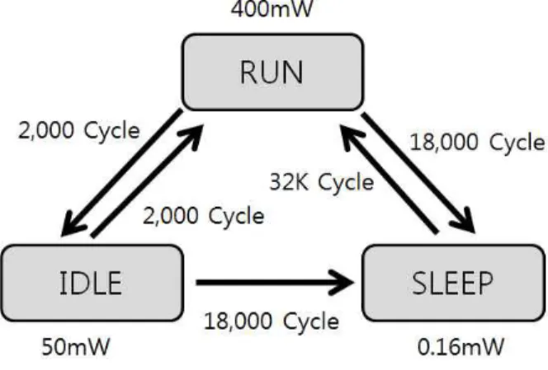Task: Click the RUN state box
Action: (x=272, y=73)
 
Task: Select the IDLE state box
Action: (x=92, y=283)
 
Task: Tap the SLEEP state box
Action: (x=453, y=283)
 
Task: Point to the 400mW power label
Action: (x=272, y=8)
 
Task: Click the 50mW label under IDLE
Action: (x=76, y=347)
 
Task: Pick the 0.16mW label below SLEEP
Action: (x=461, y=347)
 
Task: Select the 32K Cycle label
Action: (x=322, y=183)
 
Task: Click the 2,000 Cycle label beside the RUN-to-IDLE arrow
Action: (x=79, y=130)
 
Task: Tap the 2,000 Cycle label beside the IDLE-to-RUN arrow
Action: (x=204, y=215)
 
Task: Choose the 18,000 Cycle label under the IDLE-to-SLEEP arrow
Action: (x=272, y=321)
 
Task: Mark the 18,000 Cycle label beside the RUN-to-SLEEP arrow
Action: (x=477, y=143)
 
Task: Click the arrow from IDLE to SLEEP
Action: (x=275, y=283)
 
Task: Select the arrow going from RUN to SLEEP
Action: (x=418, y=172)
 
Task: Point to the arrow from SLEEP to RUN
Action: (x=389, y=179)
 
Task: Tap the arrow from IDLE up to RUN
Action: (x=147, y=180)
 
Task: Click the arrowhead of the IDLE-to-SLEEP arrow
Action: (x=342, y=283)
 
